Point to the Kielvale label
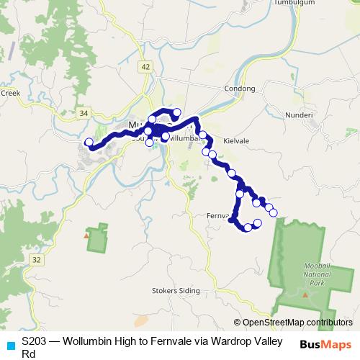point(235,141)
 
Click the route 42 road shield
point(146,66)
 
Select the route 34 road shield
point(84,113)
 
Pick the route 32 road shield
point(37,258)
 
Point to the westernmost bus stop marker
point(89,143)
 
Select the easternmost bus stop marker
point(274,212)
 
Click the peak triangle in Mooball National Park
point(305,294)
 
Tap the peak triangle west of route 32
point(86,235)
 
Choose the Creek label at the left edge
point(9,92)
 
